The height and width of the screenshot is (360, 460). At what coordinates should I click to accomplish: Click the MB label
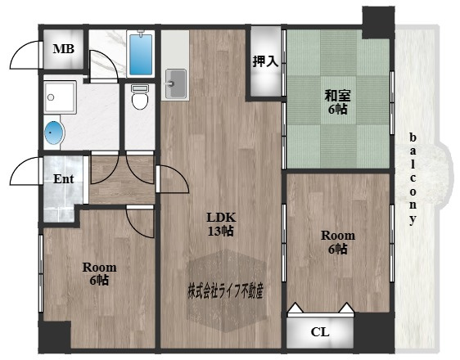pos(63,48)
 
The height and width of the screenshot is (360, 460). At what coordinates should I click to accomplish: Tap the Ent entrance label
pos(63,179)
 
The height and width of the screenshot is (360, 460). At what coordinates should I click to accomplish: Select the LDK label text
pos(221,218)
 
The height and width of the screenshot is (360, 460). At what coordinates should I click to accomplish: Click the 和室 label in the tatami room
pos(337,96)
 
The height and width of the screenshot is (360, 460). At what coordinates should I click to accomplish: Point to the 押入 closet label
pos(265,61)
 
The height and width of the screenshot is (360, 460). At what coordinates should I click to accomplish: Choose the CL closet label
pos(320,332)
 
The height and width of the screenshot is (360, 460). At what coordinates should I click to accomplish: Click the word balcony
pos(413,179)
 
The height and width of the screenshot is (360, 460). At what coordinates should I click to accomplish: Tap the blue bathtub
pos(141,55)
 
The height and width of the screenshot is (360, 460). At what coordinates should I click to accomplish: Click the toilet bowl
pos(140,97)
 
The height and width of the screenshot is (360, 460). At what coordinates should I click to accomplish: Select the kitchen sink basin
pos(175,83)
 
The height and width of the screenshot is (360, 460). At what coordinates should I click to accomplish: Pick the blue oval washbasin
pos(54,133)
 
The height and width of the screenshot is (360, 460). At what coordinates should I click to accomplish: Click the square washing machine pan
pos(60,97)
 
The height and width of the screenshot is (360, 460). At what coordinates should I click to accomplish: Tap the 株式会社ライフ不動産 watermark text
pos(225,290)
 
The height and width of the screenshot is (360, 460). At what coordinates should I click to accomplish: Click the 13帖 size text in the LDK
pos(221,232)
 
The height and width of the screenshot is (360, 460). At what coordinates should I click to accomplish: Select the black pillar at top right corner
pos(378,23)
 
